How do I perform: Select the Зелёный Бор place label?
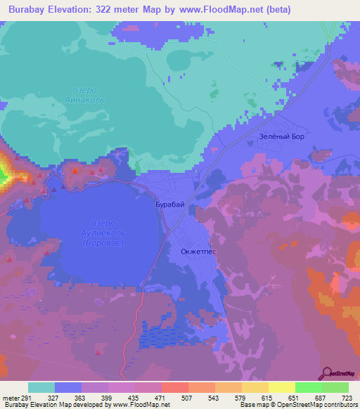[x=282, y=136]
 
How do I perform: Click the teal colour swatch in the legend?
[x=41, y=387]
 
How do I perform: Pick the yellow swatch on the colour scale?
[x=282, y=387]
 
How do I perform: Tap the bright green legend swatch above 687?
[x=309, y=387]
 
